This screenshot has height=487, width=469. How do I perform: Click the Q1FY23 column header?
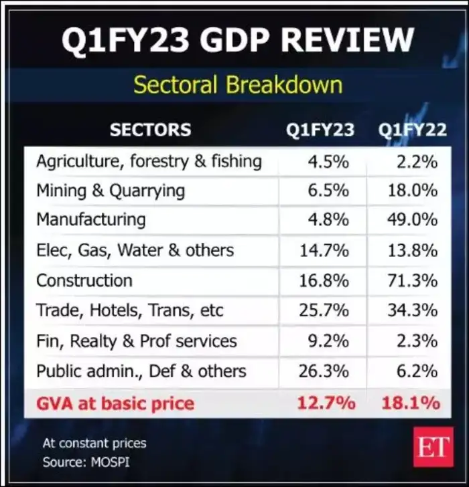coord(320,130)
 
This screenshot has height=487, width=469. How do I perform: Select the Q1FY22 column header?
coord(412,130)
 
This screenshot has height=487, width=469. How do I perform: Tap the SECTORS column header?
coord(150,130)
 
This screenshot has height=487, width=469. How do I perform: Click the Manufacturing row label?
coord(90,219)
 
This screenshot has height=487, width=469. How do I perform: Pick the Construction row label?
coord(84,280)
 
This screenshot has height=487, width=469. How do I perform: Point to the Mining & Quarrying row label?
coord(111,190)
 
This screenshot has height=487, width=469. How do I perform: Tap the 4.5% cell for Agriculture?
coord(327,161)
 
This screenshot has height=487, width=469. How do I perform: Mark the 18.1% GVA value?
coord(411,403)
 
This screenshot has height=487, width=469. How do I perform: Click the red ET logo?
coord(433,447)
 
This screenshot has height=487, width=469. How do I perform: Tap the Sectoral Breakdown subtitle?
coord(237,85)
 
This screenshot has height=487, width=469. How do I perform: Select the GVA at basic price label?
coord(115,403)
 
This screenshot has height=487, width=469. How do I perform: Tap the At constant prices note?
coord(94,443)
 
